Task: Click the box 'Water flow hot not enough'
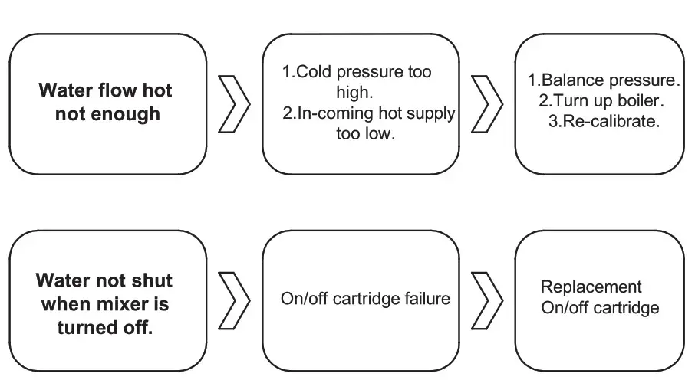pos(107,103)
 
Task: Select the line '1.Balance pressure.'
pos(604,80)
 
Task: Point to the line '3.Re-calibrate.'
pos(604,122)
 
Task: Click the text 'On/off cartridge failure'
pos(364,299)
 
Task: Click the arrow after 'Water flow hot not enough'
pos(235,103)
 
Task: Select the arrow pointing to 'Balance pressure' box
pos(486,103)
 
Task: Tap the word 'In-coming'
pos(332,113)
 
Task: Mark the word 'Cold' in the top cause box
pos(313,73)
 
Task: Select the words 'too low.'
pos(364,135)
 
